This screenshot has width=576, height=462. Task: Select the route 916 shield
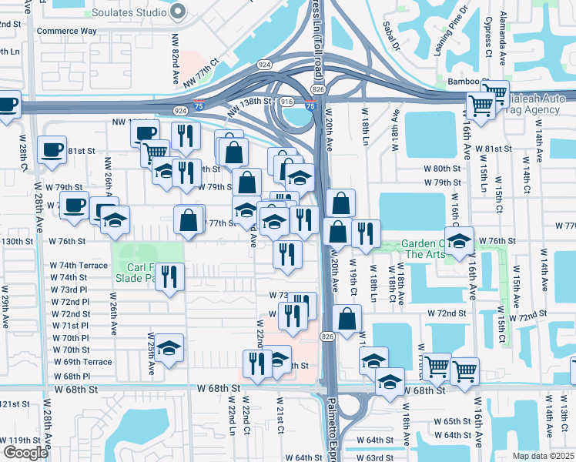click(287, 101)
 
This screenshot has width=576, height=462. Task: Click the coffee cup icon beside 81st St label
click(52, 149)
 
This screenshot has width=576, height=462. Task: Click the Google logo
click(25, 453)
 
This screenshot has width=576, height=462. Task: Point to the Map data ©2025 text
click(544, 456)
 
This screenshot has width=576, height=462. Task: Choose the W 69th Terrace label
click(82, 362)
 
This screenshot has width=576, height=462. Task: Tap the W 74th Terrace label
click(79, 265)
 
